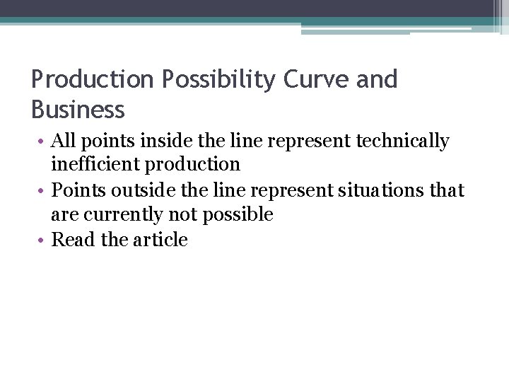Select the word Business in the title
[78, 110]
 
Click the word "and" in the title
[378, 80]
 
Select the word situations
[388, 190]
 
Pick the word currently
[127, 214]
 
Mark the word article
[160, 240]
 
